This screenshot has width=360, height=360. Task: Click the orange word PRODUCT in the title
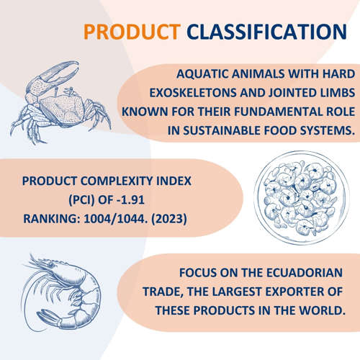coord(132,32)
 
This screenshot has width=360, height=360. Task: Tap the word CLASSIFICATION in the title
coord(267,32)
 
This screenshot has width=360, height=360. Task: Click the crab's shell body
coord(62,109)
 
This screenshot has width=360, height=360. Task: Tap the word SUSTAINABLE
coord(222,131)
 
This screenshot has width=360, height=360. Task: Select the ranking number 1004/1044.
coord(116,219)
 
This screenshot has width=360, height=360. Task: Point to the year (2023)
coord(169,219)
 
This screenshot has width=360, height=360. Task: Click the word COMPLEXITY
coord(117,181)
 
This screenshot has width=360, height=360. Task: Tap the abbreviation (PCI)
coord(82,199)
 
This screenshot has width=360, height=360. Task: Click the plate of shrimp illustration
coord(301,198)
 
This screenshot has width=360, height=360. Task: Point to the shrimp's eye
coord(51,265)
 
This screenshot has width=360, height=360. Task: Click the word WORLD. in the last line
coord(322,310)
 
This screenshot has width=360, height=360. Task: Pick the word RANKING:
coord(52,219)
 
